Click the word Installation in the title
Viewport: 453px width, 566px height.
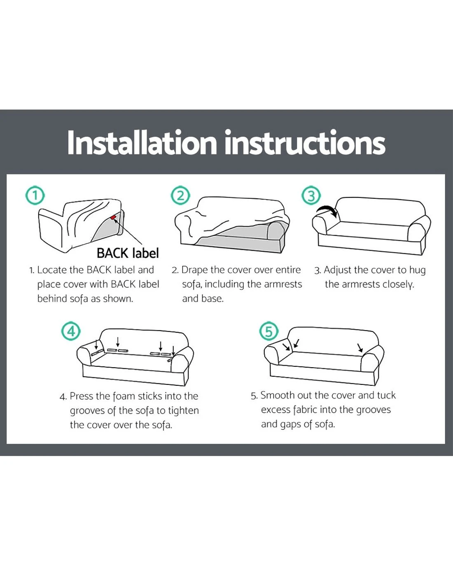pyautogui.click(x=142, y=142)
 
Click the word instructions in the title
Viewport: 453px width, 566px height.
pyautogui.click(x=305, y=142)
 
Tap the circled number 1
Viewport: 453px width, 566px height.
pyautogui.click(x=35, y=196)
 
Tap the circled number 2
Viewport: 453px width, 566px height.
pyautogui.click(x=180, y=196)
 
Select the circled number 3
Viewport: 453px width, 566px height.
pyautogui.click(x=311, y=196)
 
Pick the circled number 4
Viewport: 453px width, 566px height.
pyautogui.click(x=71, y=331)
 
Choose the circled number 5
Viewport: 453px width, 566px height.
pyautogui.click(x=269, y=331)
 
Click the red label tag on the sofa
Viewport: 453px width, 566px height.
pyautogui.click(x=113, y=217)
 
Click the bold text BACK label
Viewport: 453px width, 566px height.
pyautogui.click(x=128, y=253)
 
